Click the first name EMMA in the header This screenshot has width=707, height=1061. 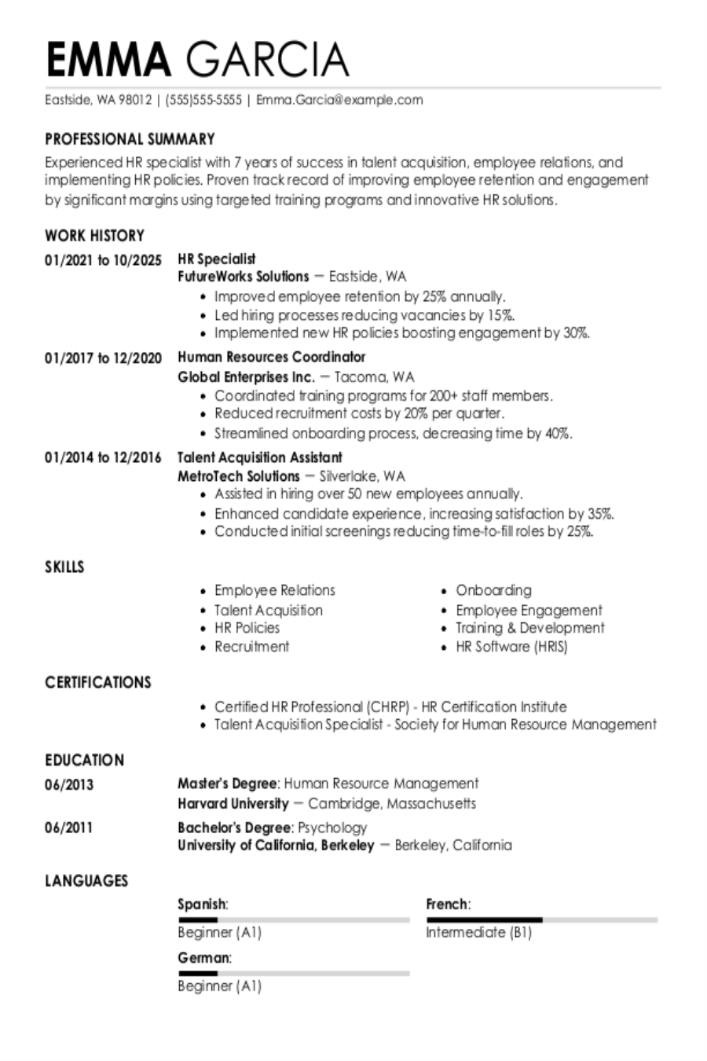pos(108,59)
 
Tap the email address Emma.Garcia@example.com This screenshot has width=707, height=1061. pos(339,100)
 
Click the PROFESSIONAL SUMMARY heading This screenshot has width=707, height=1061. pos(130,139)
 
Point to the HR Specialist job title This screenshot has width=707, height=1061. pos(217,259)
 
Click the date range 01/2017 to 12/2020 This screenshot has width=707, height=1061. pos(103,358)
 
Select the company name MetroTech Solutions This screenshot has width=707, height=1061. pos(239,475)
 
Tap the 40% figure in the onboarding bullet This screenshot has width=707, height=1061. pos(559,433)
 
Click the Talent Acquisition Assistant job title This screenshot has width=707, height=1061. pos(260,457)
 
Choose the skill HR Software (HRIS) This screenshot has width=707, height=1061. pos(511,647)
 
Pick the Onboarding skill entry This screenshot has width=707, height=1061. pos(493,590)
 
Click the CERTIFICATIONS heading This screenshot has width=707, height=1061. pos(98,682)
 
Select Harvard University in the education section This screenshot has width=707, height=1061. pos(233,803)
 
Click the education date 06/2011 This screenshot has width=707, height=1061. pos(69,828)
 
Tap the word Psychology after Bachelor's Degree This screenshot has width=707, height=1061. pos(332,828)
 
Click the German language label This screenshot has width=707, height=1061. pos(204,958)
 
